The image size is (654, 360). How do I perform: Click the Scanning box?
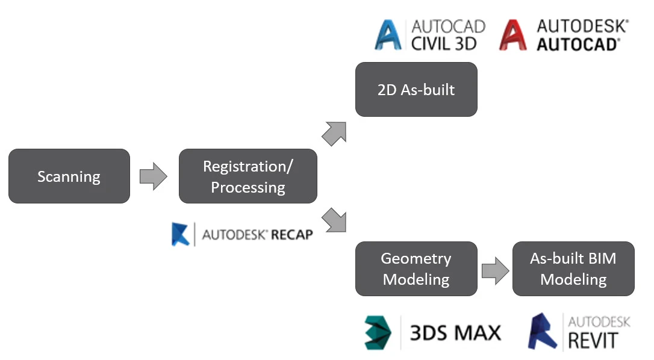[69, 176]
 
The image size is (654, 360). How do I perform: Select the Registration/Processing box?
[248, 176]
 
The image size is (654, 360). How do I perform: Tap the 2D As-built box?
[416, 89]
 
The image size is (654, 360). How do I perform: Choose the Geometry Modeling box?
[416, 268]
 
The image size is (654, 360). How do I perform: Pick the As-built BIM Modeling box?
[573, 268]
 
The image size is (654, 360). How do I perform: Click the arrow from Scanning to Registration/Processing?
[153, 176]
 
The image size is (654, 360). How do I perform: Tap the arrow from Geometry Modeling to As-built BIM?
[494, 270]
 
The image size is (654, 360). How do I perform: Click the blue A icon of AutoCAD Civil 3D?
[389, 34]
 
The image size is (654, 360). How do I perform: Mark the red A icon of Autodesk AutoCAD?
[514, 34]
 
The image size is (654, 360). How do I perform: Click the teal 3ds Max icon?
[379, 332]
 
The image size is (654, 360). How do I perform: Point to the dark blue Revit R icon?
[543, 332]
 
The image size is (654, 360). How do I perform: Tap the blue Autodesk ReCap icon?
[181, 234]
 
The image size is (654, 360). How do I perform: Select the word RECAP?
[292, 235]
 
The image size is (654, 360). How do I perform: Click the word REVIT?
[593, 340]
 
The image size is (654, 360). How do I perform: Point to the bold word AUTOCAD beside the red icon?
[578, 44]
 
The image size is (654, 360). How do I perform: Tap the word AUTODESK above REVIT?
[599, 322]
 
